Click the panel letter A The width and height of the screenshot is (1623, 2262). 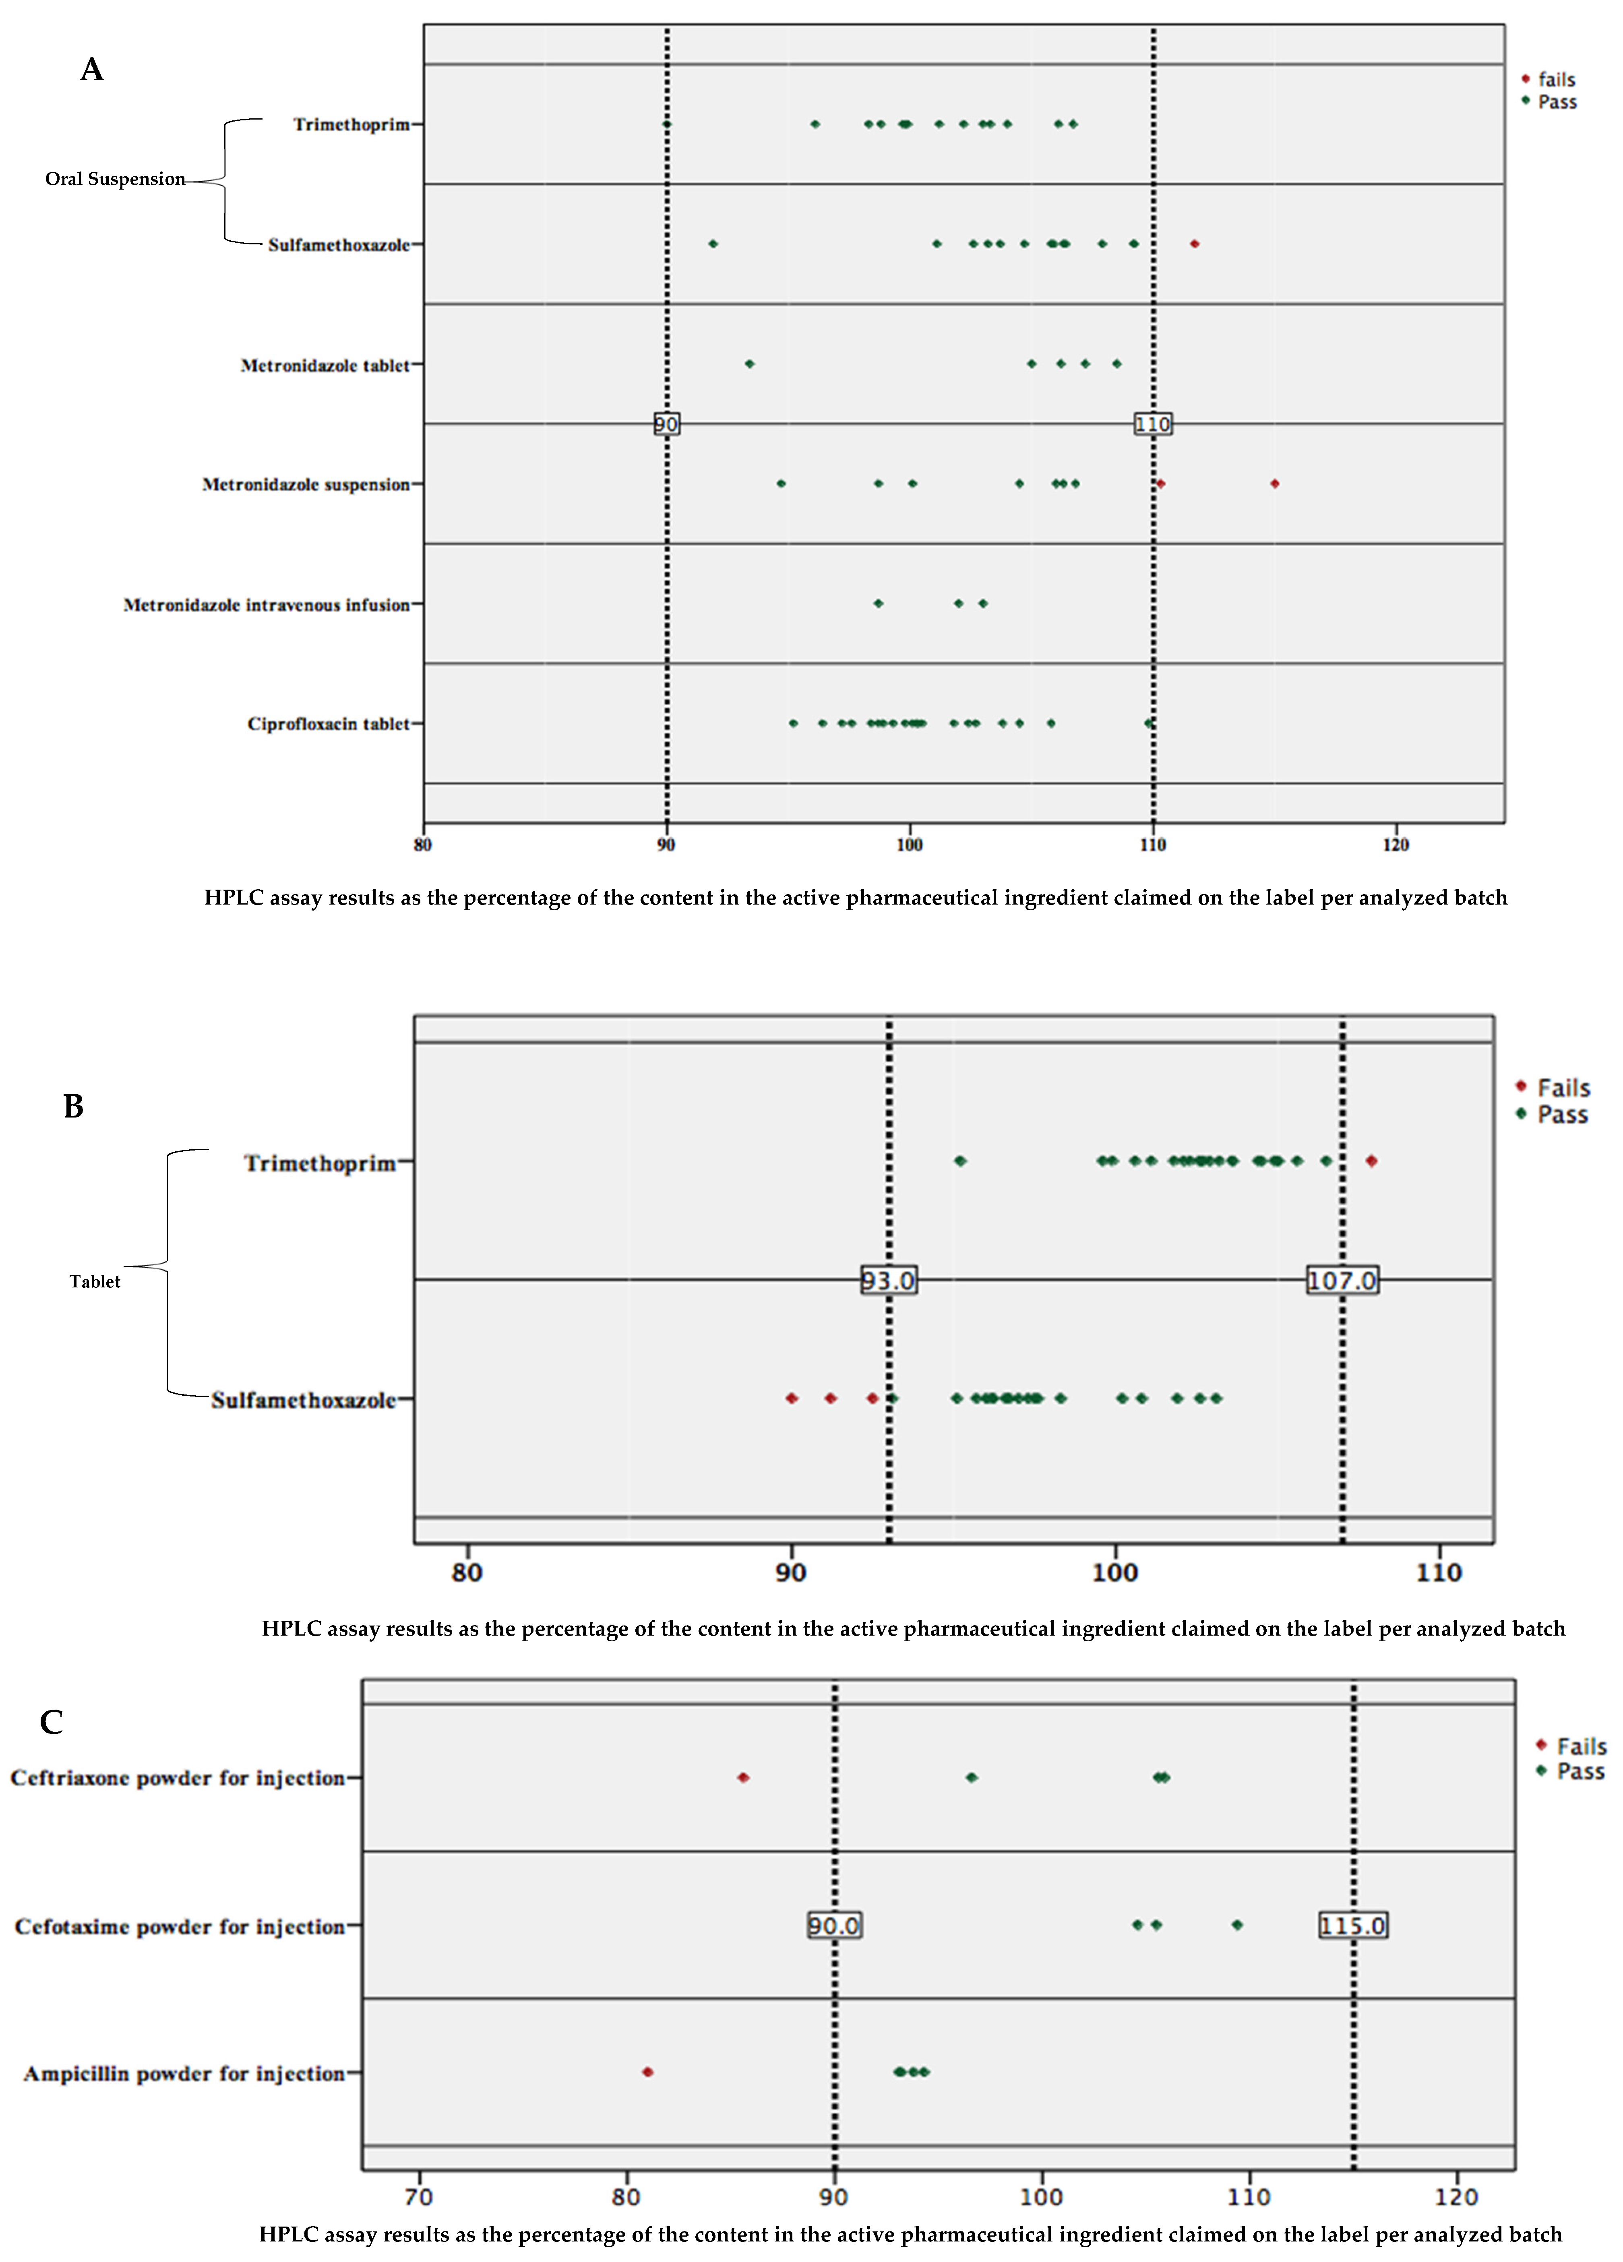[92, 70]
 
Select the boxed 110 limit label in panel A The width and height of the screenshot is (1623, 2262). [1152, 425]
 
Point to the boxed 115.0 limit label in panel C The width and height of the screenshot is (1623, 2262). [1353, 1925]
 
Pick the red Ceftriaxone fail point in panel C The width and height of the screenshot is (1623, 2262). [743, 1777]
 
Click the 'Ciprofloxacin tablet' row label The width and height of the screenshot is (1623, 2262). [328, 724]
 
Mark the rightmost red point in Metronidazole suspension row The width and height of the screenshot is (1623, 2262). [1275, 484]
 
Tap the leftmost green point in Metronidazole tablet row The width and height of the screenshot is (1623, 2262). [749, 364]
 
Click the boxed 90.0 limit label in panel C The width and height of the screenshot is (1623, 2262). [834, 1925]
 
